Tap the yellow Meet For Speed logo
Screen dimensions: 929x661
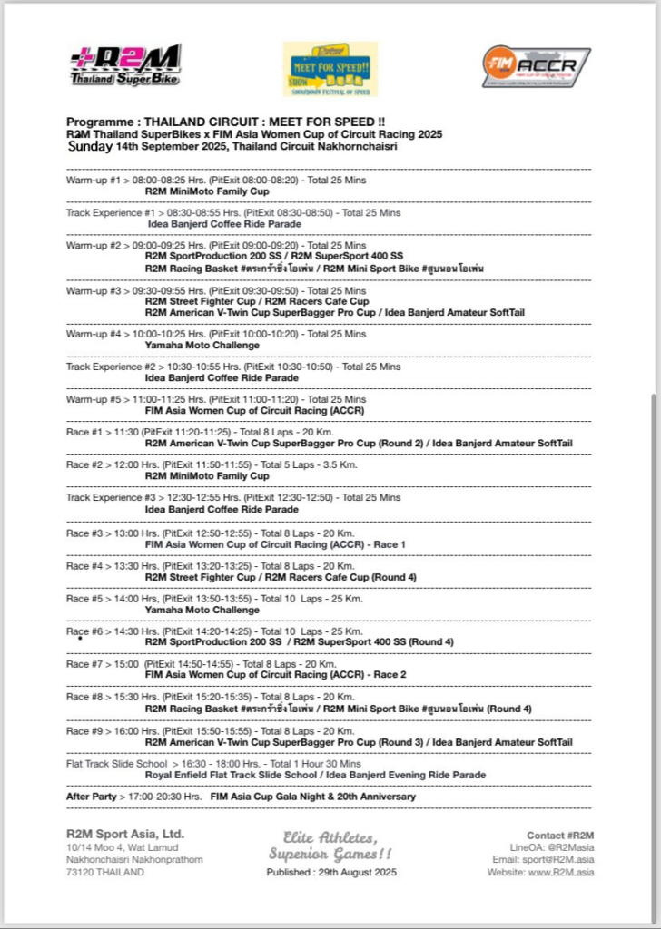pyautogui.click(x=330, y=68)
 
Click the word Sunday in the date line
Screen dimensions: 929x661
pyautogui.click(x=89, y=146)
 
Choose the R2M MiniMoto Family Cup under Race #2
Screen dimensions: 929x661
pyautogui.click(x=207, y=475)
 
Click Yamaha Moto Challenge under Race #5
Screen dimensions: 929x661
pyautogui.click(x=202, y=610)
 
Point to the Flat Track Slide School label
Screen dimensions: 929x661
pyautogui.click(x=116, y=764)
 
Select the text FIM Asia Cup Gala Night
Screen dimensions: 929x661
pyautogui.click(x=265, y=797)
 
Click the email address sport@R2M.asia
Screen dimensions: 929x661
pyautogui.click(x=556, y=859)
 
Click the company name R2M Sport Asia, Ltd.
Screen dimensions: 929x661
pyautogui.click(x=124, y=834)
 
